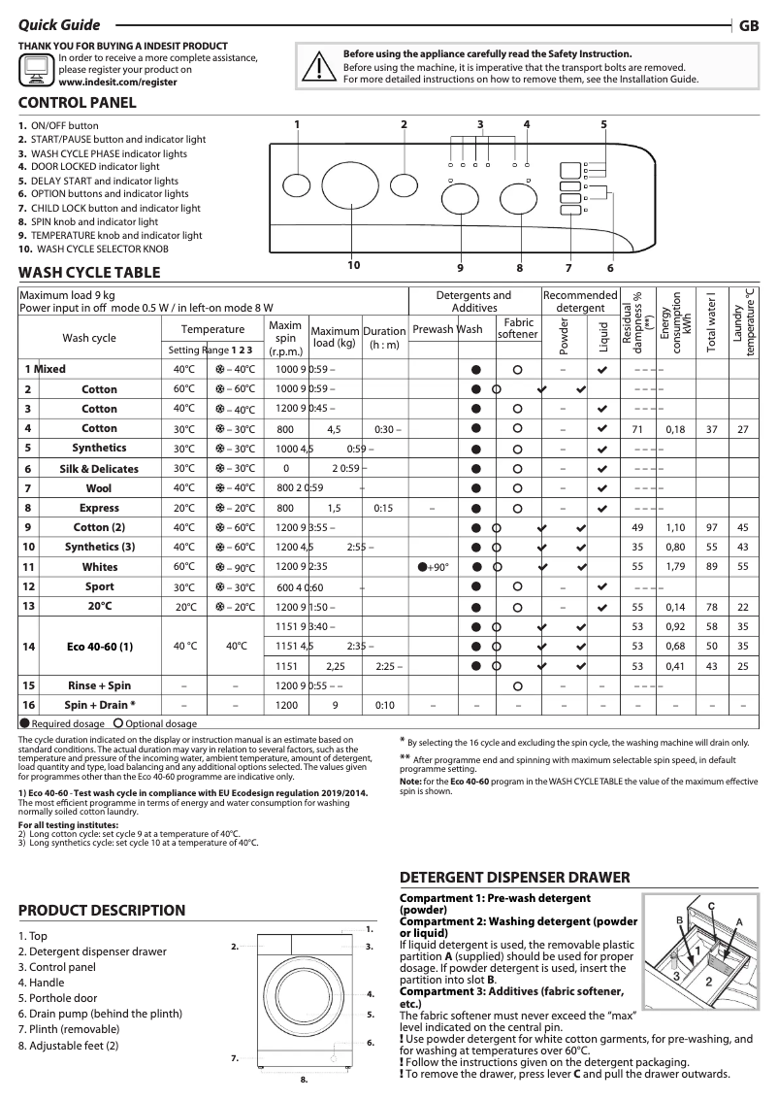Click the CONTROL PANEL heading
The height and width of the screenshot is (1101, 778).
tap(78, 103)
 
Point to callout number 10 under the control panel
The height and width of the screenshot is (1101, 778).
tap(353, 265)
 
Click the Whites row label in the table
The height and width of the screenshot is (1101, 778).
tap(99, 566)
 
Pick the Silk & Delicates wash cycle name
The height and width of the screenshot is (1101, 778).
tap(99, 468)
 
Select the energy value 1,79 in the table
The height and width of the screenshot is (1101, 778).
tap(675, 566)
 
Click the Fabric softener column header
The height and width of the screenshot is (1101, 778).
tap(517, 328)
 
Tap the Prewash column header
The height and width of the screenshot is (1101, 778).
tap(433, 329)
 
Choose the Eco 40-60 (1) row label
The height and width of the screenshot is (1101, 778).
tap(99, 646)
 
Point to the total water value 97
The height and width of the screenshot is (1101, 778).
tap(712, 527)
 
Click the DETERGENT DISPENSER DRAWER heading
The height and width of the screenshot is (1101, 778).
tap(515, 877)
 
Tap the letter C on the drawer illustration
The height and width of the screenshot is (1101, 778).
tap(711, 905)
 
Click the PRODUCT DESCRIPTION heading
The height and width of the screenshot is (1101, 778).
tap(102, 910)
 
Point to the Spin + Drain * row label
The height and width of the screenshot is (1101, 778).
tap(99, 705)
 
